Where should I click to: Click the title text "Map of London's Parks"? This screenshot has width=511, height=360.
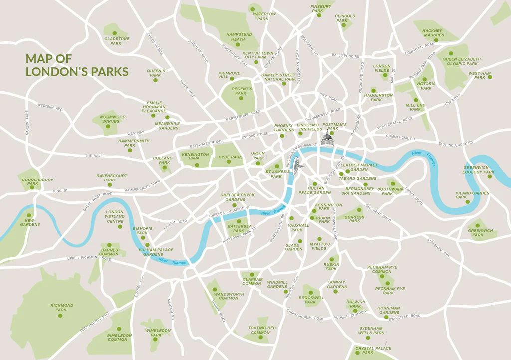pyautogui.click(x=77, y=65)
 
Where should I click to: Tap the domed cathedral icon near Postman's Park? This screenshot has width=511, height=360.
pyautogui.click(x=327, y=139)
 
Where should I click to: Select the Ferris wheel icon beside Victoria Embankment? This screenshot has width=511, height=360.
pyautogui.click(x=296, y=163)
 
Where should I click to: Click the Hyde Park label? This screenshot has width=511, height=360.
pyautogui.click(x=230, y=157)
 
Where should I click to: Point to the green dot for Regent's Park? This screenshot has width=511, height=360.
pyautogui.click(x=241, y=98)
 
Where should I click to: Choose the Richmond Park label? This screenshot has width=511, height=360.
pyautogui.click(x=62, y=307)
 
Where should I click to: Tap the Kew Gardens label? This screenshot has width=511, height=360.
pyautogui.click(x=30, y=222)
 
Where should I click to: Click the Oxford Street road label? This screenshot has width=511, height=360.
pyautogui.click(x=255, y=134)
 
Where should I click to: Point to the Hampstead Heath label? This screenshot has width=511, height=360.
pyautogui.click(x=239, y=37)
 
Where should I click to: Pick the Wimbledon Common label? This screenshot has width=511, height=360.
pyautogui.click(x=119, y=337)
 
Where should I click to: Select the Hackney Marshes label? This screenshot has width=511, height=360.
pyautogui.click(x=432, y=33)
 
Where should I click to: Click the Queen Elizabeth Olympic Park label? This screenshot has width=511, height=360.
pyautogui.click(x=462, y=61)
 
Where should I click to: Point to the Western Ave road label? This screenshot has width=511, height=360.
pyautogui.click(x=50, y=107)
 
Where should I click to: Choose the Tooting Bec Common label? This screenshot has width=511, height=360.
pyautogui.click(x=260, y=330)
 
